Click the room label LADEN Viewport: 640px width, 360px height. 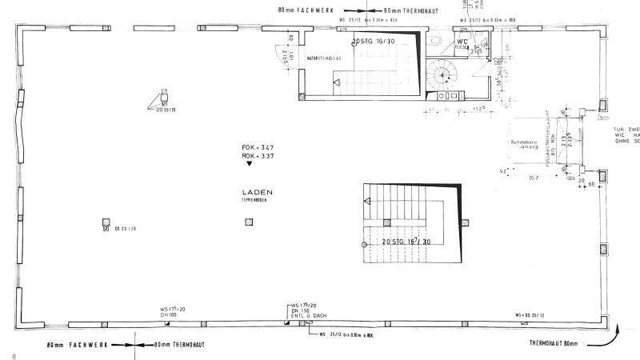tap(258, 193)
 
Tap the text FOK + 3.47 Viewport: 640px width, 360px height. tap(258, 149)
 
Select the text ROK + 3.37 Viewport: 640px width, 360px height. tap(258, 156)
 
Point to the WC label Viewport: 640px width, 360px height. tap(462, 41)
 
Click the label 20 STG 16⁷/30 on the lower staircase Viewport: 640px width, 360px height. tap(406, 240)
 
